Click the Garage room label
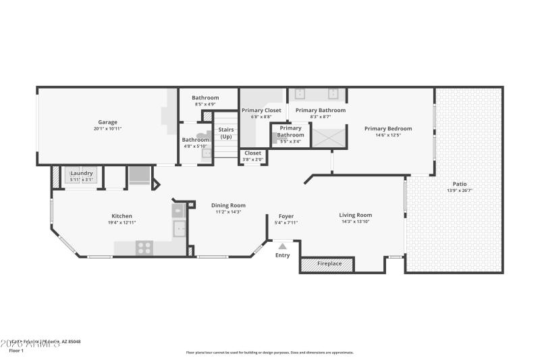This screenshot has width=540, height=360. pos(108,122)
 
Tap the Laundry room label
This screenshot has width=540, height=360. pos(82,173)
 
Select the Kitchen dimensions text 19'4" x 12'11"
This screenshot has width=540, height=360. pos(122,222)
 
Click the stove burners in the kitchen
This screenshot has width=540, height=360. pos(144,248)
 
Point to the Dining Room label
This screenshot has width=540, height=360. pos(228,205)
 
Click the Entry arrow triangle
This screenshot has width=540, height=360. pos(282,247)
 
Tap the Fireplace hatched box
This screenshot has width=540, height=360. pos(327,264)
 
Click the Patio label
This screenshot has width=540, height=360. pos(459,184)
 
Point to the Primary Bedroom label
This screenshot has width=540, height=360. pos(387,128)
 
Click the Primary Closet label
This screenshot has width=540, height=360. pos(261,110)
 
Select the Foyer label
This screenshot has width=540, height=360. pos(286,216)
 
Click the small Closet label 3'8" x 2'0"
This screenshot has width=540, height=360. pos(252,153)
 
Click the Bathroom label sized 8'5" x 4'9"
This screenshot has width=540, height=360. pos(205,98)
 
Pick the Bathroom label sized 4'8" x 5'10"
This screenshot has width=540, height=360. pos(196,140)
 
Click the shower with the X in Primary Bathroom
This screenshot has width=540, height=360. pos(329,137)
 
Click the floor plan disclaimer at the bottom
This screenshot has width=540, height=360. pos(269,352)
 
